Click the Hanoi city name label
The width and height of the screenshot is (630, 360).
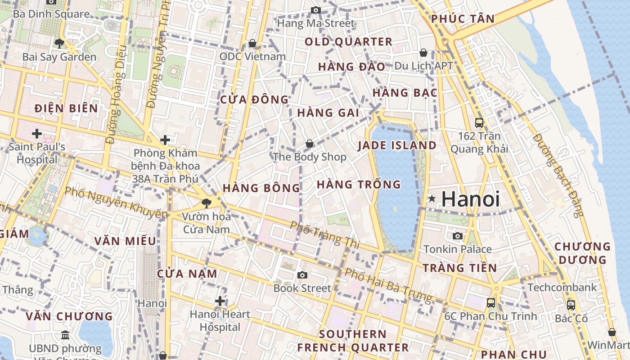pyautogui.click(x=470, y=199)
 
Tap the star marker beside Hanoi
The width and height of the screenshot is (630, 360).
pyautogui.click(x=432, y=198)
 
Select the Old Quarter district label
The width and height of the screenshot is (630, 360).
pyautogui.click(x=348, y=42)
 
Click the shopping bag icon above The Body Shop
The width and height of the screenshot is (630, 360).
pyautogui.click(x=310, y=144)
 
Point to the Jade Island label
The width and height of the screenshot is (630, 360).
pyautogui.click(x=397, y=145)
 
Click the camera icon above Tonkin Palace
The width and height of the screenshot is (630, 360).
pyautogui.click(x=457, y=236)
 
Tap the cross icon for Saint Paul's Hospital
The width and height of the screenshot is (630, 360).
pyautogui.click(x=37, y=134)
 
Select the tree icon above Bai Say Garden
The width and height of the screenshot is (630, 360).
pyautogui.click(x=59, y=44)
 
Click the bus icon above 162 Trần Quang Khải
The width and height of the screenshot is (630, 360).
pyautogui.click(x=479, y=122)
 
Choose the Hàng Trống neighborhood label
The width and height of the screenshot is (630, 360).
pyautogui.click(x=359, y=184)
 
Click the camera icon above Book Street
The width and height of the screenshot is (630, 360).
pyautogui.click(x=302, y=275)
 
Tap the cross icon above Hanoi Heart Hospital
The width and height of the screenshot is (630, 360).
pyautogui.click(x=220, y=301)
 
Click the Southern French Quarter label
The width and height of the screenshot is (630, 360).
pyautogui.click(x=353, y=341)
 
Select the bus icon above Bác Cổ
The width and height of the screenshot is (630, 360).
pyautogui.click(x=571, y=305)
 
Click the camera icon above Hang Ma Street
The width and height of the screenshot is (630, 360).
pyautogui.click(x=316, y=10)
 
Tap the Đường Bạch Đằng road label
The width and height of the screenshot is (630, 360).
pyautogui.click(x=558, y=175)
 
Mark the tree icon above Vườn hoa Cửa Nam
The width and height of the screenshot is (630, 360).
pyautogui.click(x=206, y=203)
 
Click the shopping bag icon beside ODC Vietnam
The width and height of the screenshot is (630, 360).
pyautogui.click(x=252, y=43)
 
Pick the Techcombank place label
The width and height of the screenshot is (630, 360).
pyautogui.click(x=562, y=287)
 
